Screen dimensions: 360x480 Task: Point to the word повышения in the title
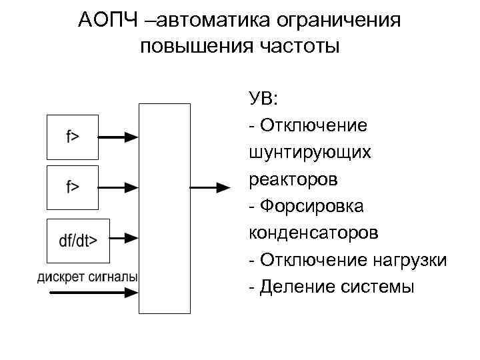pyautogui.click(x=193, y=47)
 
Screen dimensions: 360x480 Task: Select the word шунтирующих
pyautogui.click(x=309, y=153)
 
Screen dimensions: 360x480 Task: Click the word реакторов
pyautogui.click(x=293, y=179)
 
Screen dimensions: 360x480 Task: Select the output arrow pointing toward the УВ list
pyautogui.click(x=213, y=188)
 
